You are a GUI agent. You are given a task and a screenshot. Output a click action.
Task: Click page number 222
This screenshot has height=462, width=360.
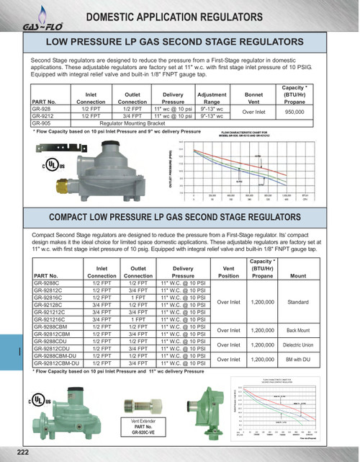click(x=22, y=451)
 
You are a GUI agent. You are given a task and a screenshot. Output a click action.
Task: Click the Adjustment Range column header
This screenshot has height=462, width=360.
click(x=212, y=99)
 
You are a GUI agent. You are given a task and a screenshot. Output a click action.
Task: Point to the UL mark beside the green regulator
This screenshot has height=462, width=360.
click(x=38, y=399)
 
